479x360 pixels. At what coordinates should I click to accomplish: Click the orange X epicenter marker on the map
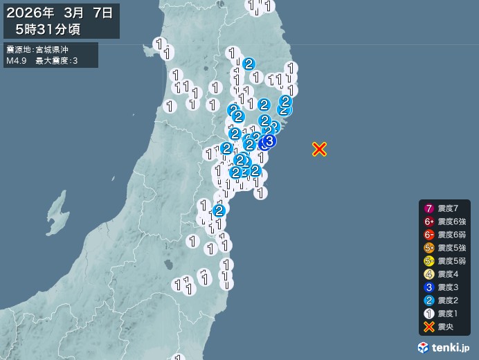[x=319, y=149]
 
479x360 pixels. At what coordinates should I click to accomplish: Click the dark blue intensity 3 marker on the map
[x=269, y=141]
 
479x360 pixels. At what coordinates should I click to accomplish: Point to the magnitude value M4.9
[x=16, y=62]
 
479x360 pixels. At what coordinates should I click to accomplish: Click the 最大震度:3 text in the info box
[x=62, y=62]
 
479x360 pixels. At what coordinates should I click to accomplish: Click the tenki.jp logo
[x=445, y=346]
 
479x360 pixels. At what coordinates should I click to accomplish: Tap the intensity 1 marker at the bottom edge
[x=179, y=357]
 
